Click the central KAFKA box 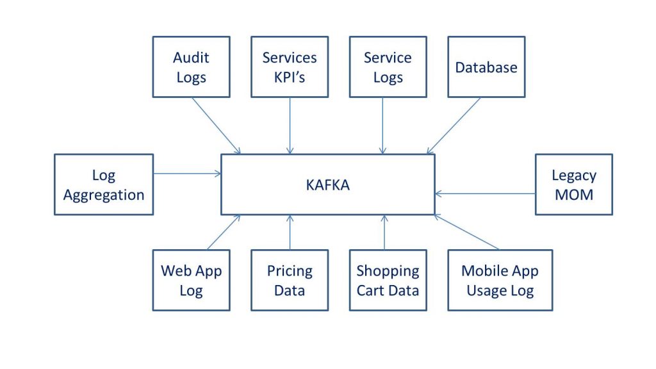pos(328,184)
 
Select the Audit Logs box pos(191,67)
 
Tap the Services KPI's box pos(290,67)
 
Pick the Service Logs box pos(388,67)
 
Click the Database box pos(486,67)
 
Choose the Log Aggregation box pos(104,184)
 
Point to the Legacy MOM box pos(573,184)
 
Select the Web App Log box pos(191,280)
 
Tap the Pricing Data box pos(290,280)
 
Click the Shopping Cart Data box pos(388,280)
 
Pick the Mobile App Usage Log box pos(500,280)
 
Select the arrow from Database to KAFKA pos(454,126)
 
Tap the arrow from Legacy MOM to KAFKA pos(485,193)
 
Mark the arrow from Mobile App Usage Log pos(466,232)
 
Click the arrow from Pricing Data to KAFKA pos(290,233)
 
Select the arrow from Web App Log pos(224,232)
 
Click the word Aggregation pos(104,195)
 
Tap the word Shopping pos(388,270)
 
